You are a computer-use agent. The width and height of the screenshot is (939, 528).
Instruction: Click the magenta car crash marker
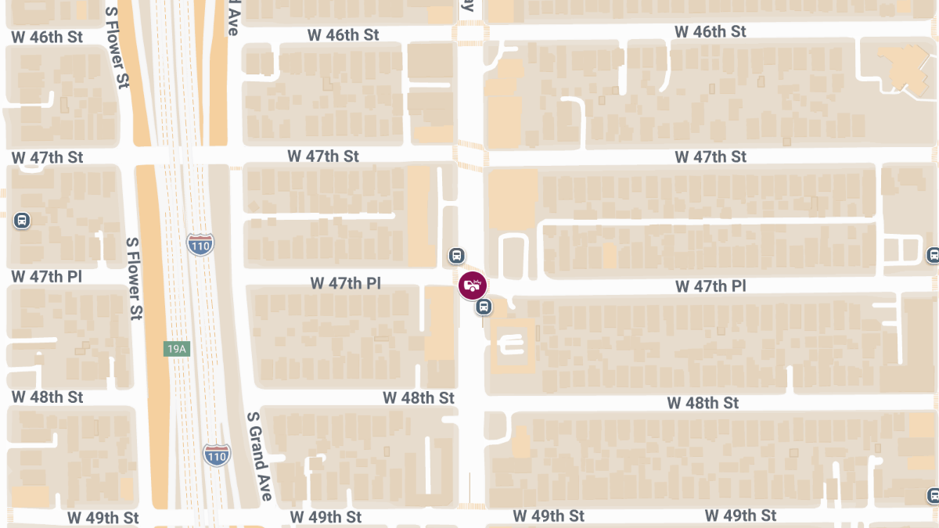(473, 286)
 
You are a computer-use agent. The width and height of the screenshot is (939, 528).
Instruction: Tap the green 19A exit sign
(177, 349)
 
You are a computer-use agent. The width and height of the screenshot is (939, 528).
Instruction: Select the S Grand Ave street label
(260, 457)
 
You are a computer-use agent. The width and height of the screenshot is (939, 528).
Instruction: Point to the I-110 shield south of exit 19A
(217, 454)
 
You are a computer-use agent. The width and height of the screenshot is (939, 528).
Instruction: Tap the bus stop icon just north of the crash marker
(457, 256)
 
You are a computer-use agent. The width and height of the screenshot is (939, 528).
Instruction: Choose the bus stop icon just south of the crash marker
(484, 307)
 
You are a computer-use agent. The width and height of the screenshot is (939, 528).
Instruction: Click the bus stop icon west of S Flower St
(22, 221)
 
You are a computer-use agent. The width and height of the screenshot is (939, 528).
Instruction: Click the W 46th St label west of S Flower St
(47, 37)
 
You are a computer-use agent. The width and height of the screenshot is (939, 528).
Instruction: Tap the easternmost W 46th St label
(711, 31)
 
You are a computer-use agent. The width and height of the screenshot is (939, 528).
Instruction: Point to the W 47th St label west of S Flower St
(47, 157)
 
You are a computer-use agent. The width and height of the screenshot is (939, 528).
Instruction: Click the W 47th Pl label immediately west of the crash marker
(345, 282)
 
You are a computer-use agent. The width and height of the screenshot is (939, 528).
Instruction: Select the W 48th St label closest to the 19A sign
(47, 397)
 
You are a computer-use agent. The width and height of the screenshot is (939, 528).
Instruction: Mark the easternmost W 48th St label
(703, 403)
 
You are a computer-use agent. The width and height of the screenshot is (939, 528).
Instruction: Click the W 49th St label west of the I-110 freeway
(103, 518)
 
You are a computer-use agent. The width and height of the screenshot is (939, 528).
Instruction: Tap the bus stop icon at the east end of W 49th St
(933, 495)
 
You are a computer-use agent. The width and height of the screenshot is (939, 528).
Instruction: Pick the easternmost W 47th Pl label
(711, 287)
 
